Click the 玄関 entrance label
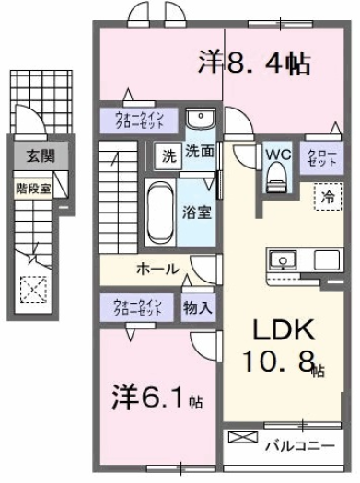click(41, 155)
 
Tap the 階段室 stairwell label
click(33, 189)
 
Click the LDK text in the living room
click(284, 329)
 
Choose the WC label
click(279, 155)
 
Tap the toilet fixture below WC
click(277, 179)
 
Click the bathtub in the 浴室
click(159, 213)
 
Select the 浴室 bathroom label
click(197, 212)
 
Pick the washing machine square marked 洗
click(168, 156)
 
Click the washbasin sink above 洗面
click(201, 118)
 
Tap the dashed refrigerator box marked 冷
click(328, 197)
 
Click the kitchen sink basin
click(284, 260)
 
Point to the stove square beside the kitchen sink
click(327, 260)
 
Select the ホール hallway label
click(157, 269)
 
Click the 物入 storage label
click(198, 307)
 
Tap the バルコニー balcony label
click(300, 445)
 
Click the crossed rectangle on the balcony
click(243, 437)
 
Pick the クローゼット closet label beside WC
click(322, 158)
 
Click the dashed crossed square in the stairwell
click(34, 289)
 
